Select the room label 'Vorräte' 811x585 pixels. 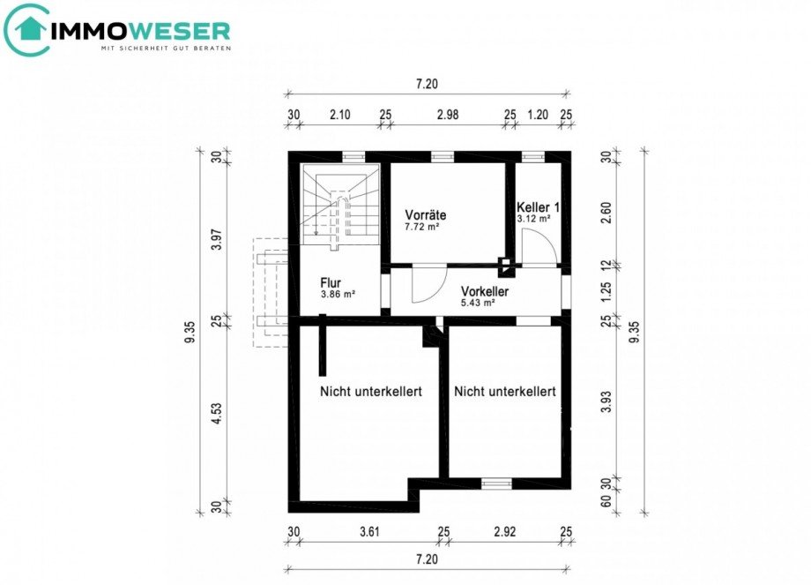point(426,214)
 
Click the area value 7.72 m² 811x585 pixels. point(422,227)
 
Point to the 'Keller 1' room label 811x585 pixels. point(538,206)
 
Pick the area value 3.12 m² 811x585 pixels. point(533,218)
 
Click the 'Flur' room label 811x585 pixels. point(331,283)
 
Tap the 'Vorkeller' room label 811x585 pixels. point(485,290)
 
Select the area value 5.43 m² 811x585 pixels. point(477,303)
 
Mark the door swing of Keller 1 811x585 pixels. point(537,246)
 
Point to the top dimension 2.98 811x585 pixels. point(448,114)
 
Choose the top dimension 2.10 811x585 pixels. point(339,114)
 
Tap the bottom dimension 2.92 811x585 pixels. point(504,532)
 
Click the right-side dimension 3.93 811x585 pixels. point(606,401)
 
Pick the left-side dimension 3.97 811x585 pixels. point(215,238)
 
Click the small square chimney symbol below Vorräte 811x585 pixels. point(505,263)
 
